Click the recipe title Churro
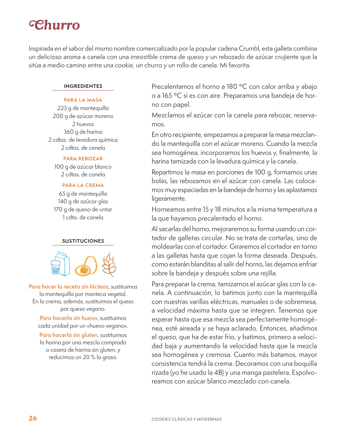tap(55, 25)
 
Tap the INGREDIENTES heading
tap(83, 86)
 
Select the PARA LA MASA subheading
tap(83, 100)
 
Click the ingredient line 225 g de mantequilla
tap(83, 108)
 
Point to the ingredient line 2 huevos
tap(83, 124)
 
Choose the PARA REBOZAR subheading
tap(83, 158)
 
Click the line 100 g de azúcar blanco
tap(83, 167)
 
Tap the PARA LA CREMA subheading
tap(83, 185)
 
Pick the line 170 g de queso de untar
tap(83, 209)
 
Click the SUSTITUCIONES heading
tap(83, 241)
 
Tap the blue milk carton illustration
tap(61, 264)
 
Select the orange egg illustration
tap(86, 266)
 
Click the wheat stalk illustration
tap(109, 265)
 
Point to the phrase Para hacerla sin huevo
tap(68, 318)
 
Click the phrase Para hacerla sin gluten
tap(68, 335)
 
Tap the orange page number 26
tap(33, 418)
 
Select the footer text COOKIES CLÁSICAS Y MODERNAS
tap(186, 419)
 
